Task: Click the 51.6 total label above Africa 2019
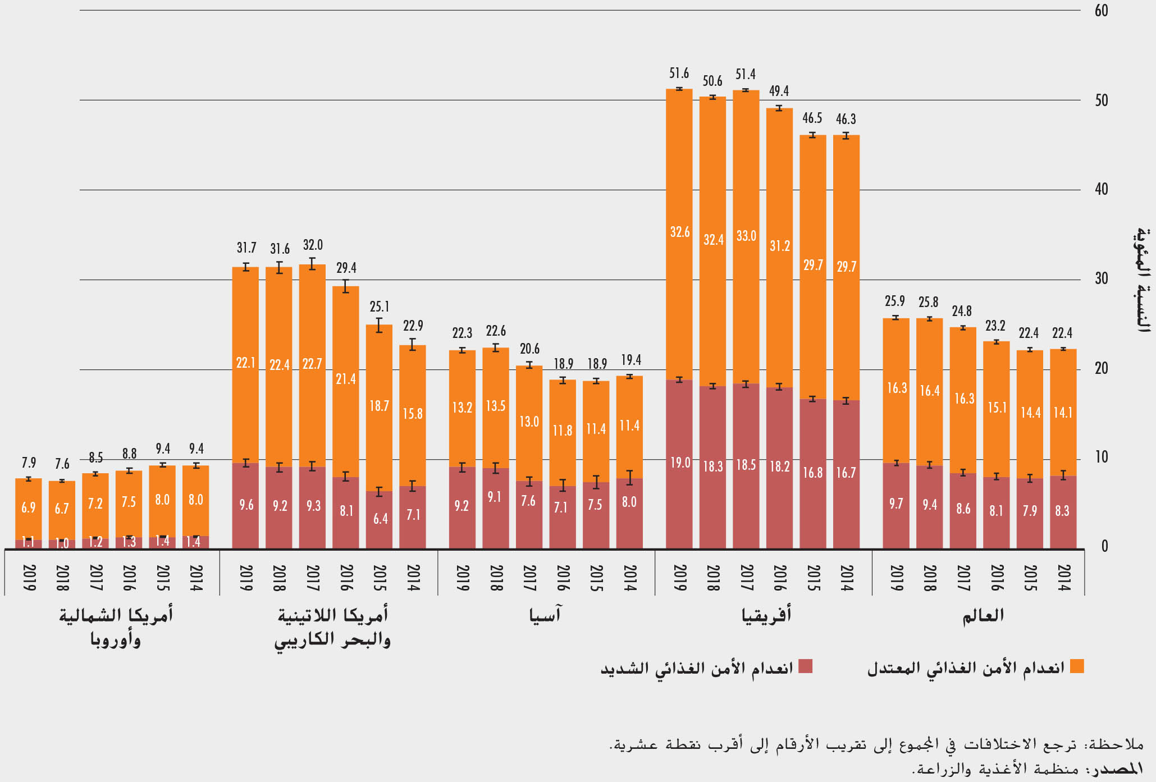click(x=679, y=74)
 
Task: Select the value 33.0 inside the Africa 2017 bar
click(x=746, y=236)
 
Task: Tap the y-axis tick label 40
click(x=1101, y=189)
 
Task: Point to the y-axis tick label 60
click(x=1101, y=11)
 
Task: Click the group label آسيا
click(x=545, y=615)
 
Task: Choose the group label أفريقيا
click(x=766, y=615)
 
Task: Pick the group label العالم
click(x=983, y=615)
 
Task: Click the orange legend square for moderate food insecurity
click(x=1077, y=666)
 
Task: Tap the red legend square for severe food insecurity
click(x=806, y=666)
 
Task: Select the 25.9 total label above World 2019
click(x=895, y=301)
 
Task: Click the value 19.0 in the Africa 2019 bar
click(x=680, y=463)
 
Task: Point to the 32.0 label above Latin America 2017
click(x=313, y=245)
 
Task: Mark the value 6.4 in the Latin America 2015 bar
click(x=380, y=519)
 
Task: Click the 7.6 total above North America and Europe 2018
click(x=62, y=464)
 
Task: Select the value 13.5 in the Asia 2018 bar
click(x=496, y=406)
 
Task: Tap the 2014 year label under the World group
click(x=1063, y=578)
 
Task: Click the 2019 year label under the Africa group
click(x=679, y=578)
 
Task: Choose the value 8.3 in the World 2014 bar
click(x=1062, y=511)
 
